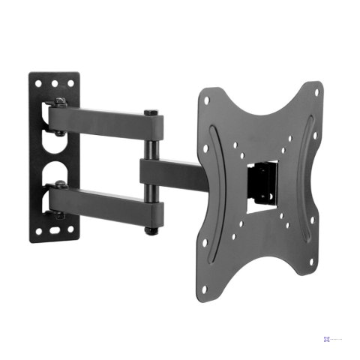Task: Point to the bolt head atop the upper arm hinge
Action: (x=57, y=102)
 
